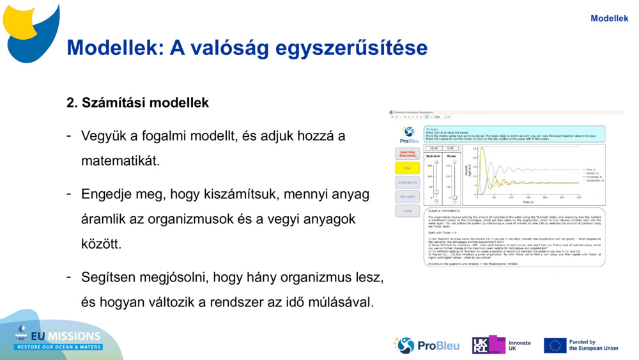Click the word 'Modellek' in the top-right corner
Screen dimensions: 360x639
609,19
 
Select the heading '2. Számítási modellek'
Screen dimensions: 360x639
137,102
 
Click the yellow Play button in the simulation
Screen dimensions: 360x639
407,168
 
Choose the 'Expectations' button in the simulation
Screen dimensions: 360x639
407,183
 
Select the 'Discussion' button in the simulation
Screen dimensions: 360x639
407,197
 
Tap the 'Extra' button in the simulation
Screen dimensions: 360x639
407,210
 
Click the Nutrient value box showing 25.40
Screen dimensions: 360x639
434,148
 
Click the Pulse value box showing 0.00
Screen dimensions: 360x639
450,148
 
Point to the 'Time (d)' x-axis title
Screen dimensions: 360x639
527,202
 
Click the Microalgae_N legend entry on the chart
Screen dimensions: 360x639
594,176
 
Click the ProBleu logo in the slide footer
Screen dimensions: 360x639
426,345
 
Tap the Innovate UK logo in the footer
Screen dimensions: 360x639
501,345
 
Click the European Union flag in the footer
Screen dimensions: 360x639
555,345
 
